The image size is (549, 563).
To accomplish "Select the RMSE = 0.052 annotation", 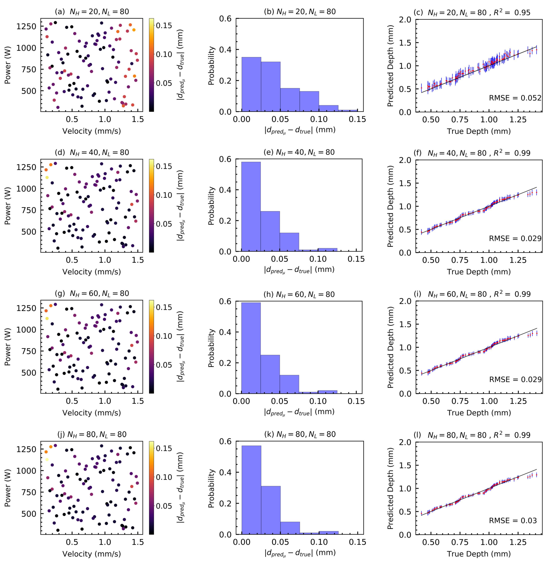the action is coord(515,98).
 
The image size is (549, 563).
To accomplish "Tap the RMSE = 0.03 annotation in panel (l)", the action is coord(513,521).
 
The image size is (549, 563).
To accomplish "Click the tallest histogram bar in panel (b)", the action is coord(251,84).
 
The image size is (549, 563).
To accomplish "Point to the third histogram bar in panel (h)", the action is coord(289,384).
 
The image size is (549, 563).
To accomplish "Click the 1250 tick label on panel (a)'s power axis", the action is coord(26,26).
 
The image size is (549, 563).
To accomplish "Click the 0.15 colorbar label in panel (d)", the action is coord(164,166).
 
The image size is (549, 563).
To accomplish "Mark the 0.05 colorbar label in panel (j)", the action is coord(164,506).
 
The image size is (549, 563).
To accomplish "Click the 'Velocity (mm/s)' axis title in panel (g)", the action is coord(92,413).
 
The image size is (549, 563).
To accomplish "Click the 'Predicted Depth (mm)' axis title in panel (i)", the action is coord(390,347).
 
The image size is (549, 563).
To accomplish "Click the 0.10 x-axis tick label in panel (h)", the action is coord(318,401).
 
